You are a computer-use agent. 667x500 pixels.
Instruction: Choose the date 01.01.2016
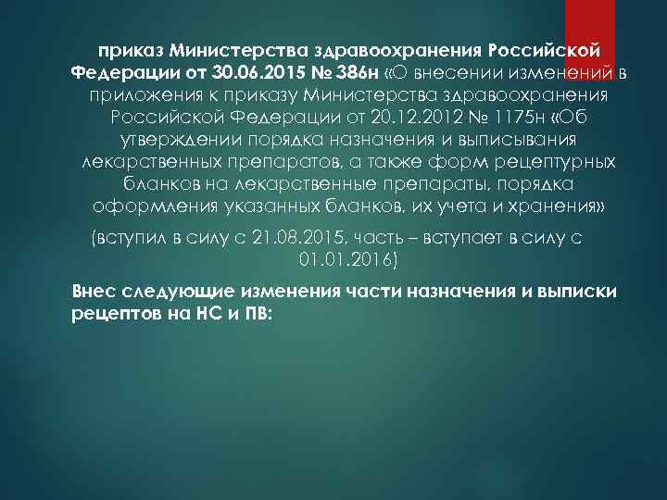348,260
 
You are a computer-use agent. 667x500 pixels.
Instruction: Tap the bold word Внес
92,290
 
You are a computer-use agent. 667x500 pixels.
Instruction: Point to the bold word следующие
169,290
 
